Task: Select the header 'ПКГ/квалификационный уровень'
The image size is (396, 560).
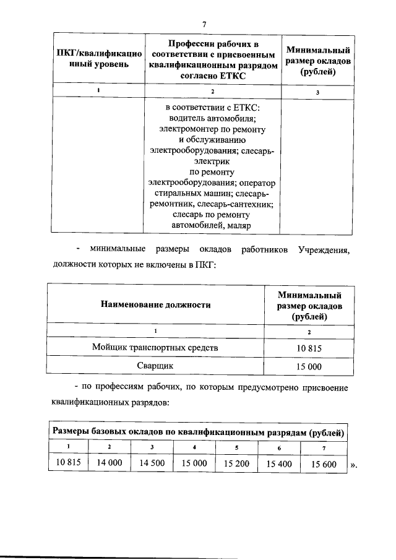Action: click(x=99, y=58)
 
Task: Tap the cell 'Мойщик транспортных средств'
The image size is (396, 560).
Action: click(x=155, y=348)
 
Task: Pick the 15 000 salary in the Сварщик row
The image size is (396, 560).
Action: click(x=309, y=366)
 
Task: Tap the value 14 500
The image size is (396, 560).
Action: click(x=152, y=463)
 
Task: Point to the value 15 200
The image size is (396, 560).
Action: click(x=237, y=463)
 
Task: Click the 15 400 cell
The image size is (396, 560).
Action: click(x=279, y=463)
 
